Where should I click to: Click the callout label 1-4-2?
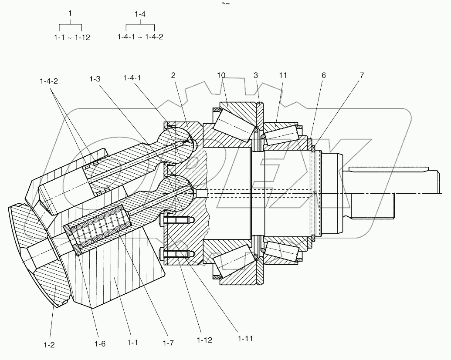point(48,81)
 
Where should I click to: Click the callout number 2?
point(173,75)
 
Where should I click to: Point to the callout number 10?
point(221,75)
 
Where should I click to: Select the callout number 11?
point(283,75)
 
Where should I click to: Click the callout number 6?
point(323,75)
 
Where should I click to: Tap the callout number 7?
point(362,75)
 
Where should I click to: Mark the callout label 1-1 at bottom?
point(133,343)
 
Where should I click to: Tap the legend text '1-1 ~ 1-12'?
point(70,37)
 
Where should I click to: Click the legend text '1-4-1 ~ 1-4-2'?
point(140,37)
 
